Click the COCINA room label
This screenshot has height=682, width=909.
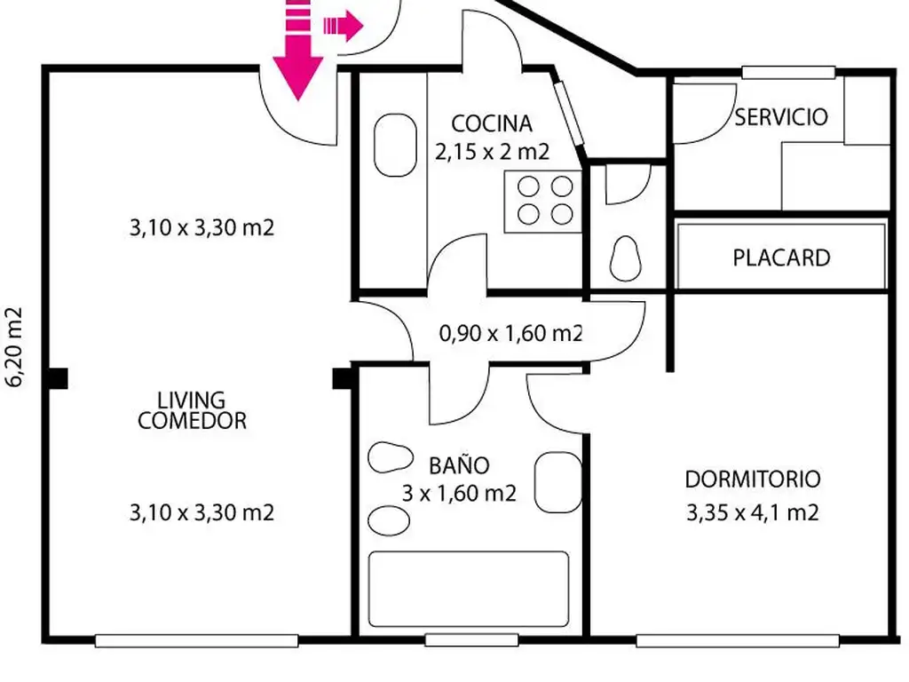[492, 123]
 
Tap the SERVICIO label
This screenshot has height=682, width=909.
[781, 117]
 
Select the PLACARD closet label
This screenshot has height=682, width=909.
[781, 258]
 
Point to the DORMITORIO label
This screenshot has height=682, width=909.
[753, 479]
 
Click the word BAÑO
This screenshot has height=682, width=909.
[459, 465]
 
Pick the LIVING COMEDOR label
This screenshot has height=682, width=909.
[192, 410]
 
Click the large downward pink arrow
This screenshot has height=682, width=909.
[297, 50]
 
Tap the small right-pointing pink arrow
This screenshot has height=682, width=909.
[344, 26]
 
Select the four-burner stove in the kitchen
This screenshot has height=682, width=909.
[542, 202]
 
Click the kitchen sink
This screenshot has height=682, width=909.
[395, 145]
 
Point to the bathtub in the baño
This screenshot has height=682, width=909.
[469, 589]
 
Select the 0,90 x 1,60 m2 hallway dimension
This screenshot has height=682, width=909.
[510, 333]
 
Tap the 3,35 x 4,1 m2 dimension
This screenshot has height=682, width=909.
[753, 512]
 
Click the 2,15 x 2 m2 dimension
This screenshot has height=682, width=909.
[492, 152]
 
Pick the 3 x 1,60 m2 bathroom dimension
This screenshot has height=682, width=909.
[459, 494]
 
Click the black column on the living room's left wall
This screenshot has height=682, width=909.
[58, 378]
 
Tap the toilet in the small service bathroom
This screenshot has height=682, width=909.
[626, 258]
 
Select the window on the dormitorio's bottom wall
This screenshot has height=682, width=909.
[738, 641]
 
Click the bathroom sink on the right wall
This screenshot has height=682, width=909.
[557, 482]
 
